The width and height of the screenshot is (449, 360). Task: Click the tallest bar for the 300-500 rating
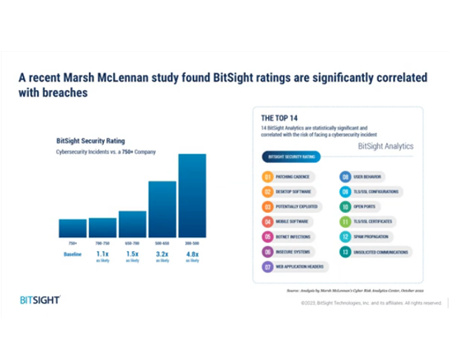coord(191,195)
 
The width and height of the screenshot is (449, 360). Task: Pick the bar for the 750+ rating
coord(73,228)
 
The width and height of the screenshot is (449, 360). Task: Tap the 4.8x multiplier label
coord(191,253)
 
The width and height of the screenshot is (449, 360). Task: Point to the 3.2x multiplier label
coord(162,253)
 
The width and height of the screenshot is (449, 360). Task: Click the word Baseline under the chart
coord(73,253)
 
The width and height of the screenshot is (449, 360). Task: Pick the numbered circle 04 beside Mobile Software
coord(267,221)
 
